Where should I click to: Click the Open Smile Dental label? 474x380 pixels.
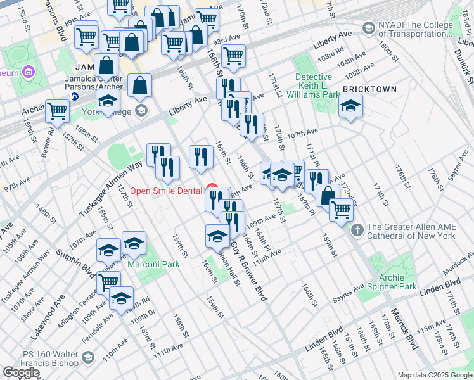[167, 191]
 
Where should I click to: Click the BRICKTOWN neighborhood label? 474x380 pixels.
[370, 89]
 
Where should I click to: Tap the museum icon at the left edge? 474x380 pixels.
[28, 73]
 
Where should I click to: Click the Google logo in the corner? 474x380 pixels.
[21, 372]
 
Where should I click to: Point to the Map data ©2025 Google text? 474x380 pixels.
[435, 375]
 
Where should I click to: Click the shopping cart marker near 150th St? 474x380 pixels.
[57, 111]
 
